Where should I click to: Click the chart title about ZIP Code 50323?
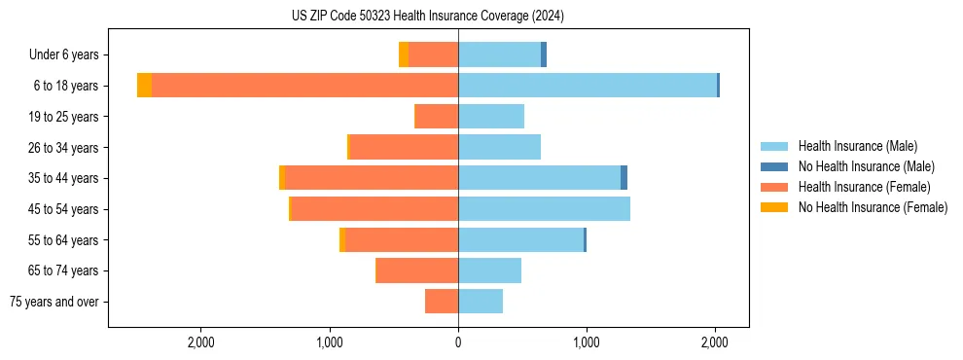point(428,17)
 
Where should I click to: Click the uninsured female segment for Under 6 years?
point(404,54)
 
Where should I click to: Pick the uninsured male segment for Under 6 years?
point(544,54)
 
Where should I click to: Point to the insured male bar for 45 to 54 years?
point(544,209)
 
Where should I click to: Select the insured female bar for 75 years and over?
point(442,302)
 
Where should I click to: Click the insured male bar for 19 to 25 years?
point(491,117)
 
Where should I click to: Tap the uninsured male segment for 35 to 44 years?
point(624,178)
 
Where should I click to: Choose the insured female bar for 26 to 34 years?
point(404,147)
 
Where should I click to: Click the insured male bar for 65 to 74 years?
point(489,270)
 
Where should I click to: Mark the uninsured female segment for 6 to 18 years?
point(144,86)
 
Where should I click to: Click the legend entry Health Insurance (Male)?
point(857,146)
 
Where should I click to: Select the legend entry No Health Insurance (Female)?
point(873,207)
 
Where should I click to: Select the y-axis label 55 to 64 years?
point(63,240)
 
